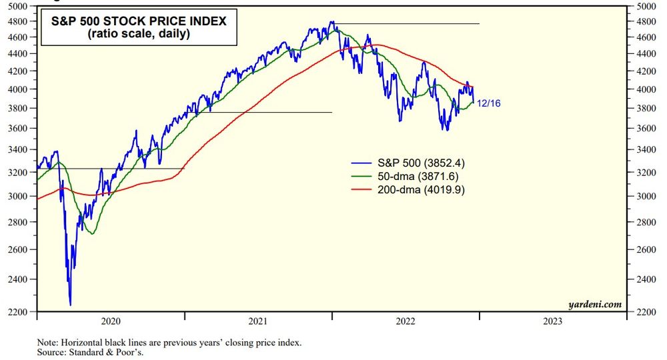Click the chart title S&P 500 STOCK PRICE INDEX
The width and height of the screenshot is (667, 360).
coord(139,21)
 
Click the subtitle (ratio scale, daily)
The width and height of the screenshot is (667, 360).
coord(139,34)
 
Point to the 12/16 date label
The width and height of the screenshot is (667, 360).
coord(489,103)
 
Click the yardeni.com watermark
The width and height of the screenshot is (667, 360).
coord(595,304)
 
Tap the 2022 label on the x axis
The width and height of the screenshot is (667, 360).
coord(406,321)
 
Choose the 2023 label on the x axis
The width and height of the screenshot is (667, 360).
coord(553,321)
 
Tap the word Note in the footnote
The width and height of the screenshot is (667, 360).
coord(47,342)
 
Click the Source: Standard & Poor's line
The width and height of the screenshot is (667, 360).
coord(90,352)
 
